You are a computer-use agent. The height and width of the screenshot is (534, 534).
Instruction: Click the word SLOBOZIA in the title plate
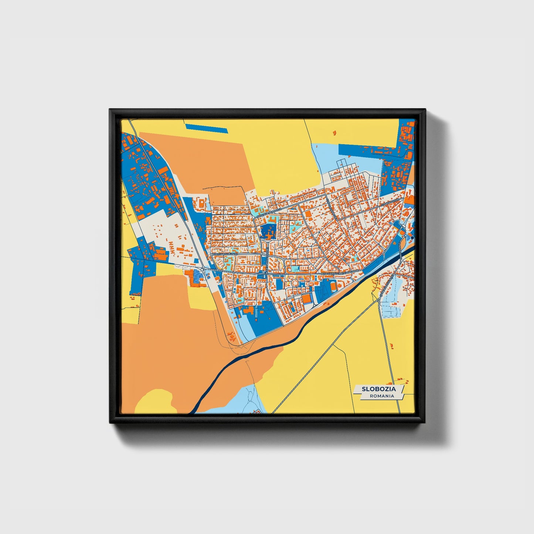click(x=379, y=389)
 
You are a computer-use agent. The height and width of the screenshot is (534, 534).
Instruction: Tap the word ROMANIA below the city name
click(x=381, y=396)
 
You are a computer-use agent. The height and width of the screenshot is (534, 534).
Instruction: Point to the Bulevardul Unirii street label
click(x=224, y=254)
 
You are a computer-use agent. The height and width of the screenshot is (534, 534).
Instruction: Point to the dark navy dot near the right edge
click(x=412, y=238)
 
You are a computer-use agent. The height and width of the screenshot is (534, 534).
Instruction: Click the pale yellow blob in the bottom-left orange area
click(x=155, y=401)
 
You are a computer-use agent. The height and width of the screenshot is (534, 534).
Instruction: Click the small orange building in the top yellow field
click(x=335, y=132)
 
